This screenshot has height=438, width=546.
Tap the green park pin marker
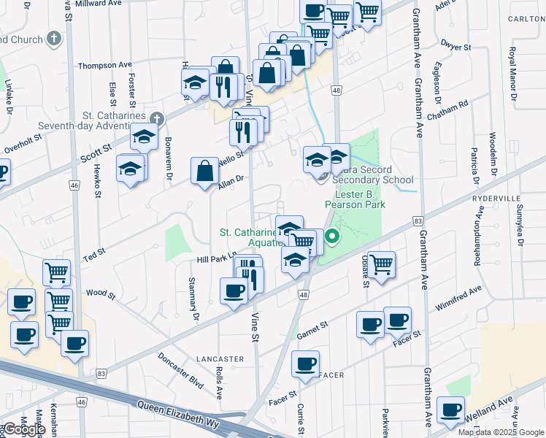click(x=332, y=236)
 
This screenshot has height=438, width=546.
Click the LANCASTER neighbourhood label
click(x=220, y=359)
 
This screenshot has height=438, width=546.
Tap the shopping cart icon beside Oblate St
click(x=381, y=264)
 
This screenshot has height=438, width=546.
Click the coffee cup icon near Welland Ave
click(x=451, y=409)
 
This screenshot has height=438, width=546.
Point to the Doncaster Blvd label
click(x=180, y=370)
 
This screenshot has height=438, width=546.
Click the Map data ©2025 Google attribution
click(x=500, y=432)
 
